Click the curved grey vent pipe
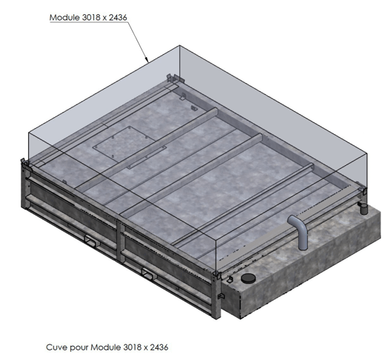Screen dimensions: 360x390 (299, 231)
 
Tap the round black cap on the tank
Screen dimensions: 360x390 (246, 279)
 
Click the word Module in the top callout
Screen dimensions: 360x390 (66, 17)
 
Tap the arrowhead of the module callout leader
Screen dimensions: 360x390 (148, 59)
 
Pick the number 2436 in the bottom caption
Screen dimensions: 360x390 (159, 346)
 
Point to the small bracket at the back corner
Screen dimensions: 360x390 (173, 78)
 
